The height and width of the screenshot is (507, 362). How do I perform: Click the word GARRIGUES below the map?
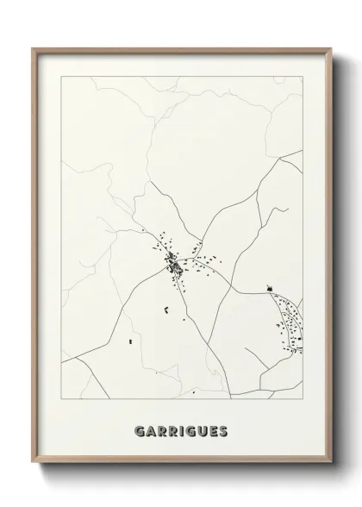point(181,429)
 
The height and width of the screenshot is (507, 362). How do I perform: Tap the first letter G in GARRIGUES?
point(140,429)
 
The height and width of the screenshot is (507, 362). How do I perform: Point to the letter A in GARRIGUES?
point(151,429)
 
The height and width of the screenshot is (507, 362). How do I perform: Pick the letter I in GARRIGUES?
point(182,429)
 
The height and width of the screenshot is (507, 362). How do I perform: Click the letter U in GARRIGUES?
point(202,429)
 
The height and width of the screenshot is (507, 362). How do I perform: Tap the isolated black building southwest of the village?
point(130,342)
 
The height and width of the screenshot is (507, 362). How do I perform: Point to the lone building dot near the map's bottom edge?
point(194,392)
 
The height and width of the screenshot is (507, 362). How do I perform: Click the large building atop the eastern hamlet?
point(270,289)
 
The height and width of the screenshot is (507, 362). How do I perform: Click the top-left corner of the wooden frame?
point(34,49)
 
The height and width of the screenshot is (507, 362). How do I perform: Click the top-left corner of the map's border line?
point(60,76)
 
